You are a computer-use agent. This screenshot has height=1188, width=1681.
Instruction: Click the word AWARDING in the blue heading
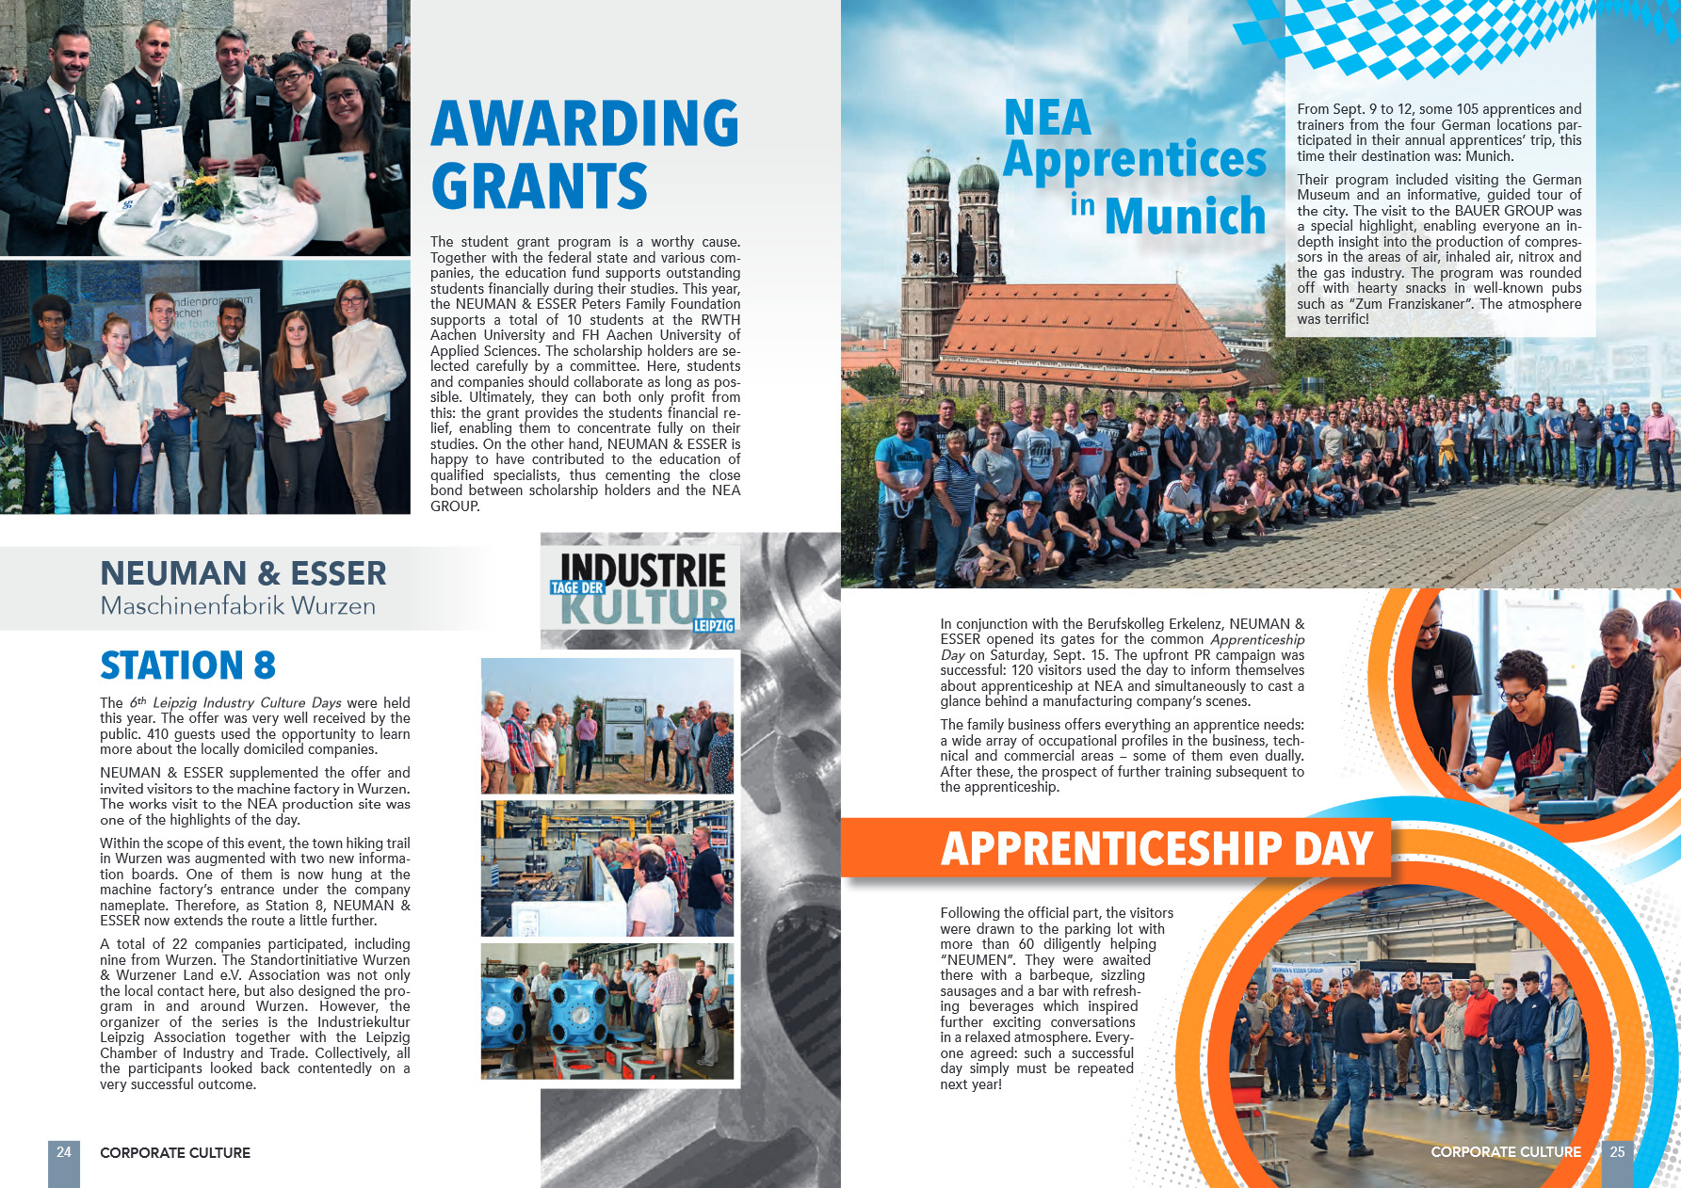tap(585, 123)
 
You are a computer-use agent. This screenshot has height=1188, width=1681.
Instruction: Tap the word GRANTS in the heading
tap(540, 186)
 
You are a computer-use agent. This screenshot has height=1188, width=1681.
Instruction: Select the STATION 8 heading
tap(187, 666)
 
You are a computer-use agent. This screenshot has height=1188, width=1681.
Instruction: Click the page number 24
tap(64, 1151)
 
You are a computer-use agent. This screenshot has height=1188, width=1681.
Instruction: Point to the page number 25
tap(1617, 1151)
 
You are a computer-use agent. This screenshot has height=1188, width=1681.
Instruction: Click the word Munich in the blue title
tap(1185, 216)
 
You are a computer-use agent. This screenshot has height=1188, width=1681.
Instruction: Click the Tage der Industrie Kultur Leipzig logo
tap(641, 590)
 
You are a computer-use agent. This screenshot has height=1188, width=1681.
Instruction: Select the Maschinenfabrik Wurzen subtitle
tap(238, 606)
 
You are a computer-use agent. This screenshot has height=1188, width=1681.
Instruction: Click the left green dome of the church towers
tap(929, 170)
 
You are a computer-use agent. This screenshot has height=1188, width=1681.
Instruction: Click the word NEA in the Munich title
tap(1047, 118)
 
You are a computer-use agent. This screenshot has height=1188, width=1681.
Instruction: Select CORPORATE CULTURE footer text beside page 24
tap(175, 1152)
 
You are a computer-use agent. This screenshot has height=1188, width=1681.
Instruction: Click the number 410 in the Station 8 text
tap(157, 734)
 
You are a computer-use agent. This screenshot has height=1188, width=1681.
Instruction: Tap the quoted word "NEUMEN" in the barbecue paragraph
tap(975, 960)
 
